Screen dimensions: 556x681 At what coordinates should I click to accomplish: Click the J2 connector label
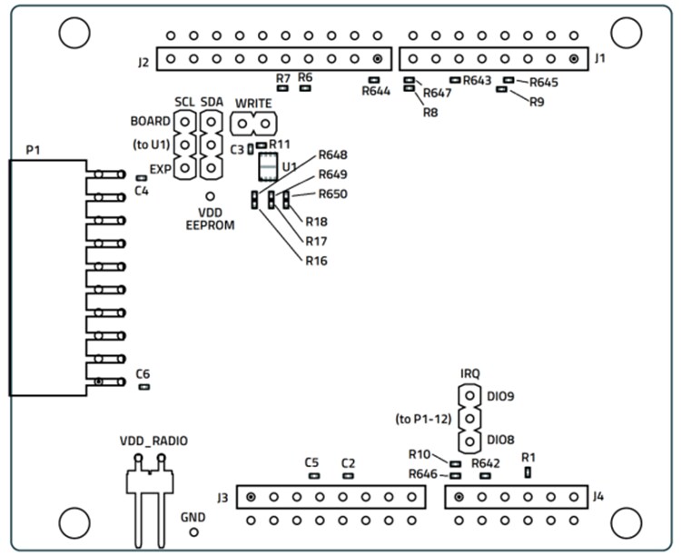[143, 63]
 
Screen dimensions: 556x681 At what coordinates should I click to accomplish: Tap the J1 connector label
[600, 59]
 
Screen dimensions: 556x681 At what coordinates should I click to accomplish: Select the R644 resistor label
[375, 92]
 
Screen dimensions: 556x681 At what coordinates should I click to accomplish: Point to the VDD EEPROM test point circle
[211, 195]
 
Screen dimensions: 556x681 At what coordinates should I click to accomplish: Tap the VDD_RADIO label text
[154, 441]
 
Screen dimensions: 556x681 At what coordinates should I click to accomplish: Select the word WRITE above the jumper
[253, 103]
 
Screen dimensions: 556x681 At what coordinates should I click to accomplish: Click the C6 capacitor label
[143, 374]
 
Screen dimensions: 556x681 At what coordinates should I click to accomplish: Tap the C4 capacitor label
[141, 192]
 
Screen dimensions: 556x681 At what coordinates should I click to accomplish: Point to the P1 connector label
[34, 148]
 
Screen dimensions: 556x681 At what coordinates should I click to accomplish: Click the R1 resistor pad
[528, 472]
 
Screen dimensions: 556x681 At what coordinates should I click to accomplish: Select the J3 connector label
[222, 497]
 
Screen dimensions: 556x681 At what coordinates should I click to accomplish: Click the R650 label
[332, 194]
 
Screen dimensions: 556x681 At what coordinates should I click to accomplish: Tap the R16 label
[316, 262]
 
